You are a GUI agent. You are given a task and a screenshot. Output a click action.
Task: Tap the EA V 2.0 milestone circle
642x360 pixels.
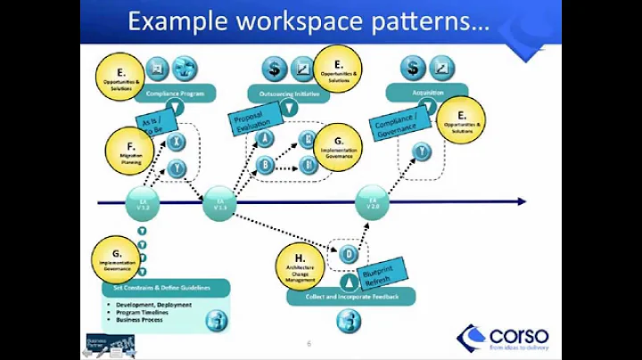pyautogui.click(x=373, y=203)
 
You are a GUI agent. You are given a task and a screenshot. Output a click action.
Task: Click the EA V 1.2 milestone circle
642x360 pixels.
pyautogui.click(x=144, y=203)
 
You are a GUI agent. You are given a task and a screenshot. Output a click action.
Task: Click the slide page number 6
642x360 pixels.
pyautogui.click(x=309, y=343)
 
